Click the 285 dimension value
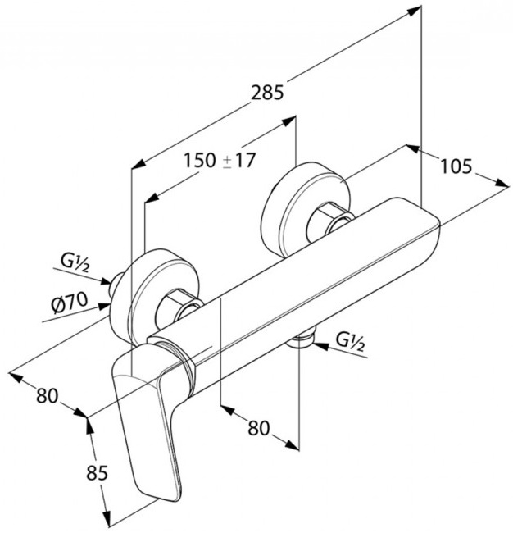tap(267, 93)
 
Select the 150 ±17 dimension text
tap(219, 160)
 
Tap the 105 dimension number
tap(456, 166)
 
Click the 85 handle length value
tap(98, 472)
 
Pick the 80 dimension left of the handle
tap(48, 395)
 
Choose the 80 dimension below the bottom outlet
tap(258, 428)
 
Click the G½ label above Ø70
tap(75, 262)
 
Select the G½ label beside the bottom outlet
tap(350, 342)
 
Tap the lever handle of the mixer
tap(146, 425)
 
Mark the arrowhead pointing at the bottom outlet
tap(320, 346)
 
